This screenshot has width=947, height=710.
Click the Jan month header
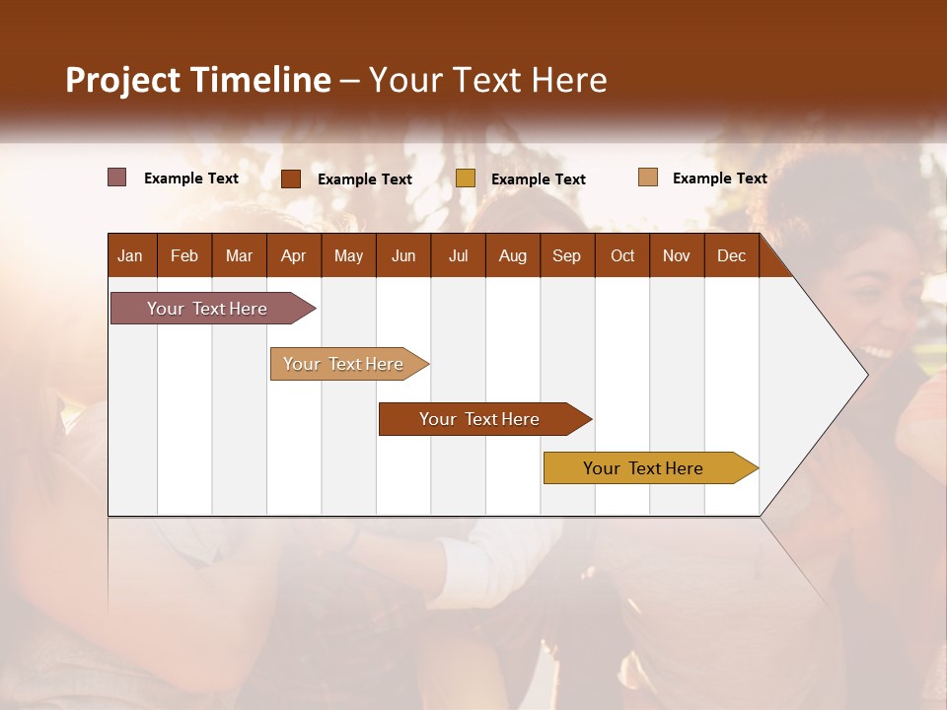pyautogui.click(x=130, y=255)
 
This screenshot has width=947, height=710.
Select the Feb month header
pyautogui.click(x=184, y=255)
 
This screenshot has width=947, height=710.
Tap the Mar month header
pyautogui.click(x=239, y=255)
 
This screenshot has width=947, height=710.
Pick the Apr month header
pyautogui.click(x=294, y=255)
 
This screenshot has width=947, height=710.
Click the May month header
pyautogui.click(x=348, y=255)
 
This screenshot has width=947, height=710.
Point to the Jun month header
pyautogui.click(x=403, y=255)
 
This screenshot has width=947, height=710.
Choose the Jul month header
pyautogui.click(x=458, y=255)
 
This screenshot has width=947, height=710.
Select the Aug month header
pyautogui.click(x=513, y=255)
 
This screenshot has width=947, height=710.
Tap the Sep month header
pyautogui.click(x=567, y=255)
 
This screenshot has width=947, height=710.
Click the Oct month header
pyautogui.click(x=622, y=255)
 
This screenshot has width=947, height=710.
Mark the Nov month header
pyautogui.click(x=677, y=255)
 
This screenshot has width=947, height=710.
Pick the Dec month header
pyautogui.click(x=732, y=255)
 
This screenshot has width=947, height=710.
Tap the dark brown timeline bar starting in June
pyautogui.click(x=480, y=419)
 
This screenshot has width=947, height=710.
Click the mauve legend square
pyautogui.click(x=117, y=177)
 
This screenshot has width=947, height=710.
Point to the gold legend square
pyautogui.click(x=466, y=178)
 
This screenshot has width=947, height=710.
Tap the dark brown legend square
pyautogui.click(x=291, y=178)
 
